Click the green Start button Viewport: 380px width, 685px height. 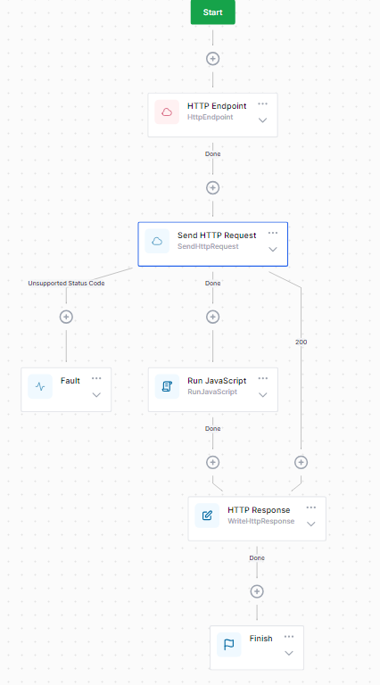(212, 12)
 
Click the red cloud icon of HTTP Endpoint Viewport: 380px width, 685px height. (167, 111)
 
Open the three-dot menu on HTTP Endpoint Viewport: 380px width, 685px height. (263, 103)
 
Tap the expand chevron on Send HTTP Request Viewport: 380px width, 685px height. (273, 249)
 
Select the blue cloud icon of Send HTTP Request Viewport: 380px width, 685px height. (157, 241)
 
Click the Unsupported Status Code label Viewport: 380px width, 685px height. (65, 283)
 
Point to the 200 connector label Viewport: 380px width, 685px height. (301, 342)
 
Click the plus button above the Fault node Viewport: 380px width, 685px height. (66, 317)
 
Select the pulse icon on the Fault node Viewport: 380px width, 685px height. (40, 386)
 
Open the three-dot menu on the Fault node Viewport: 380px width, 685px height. (96, 378)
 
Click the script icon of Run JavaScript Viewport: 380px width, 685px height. (167, 386)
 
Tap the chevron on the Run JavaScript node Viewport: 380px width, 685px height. (263, 394)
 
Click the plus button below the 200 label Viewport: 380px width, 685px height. (301, 462)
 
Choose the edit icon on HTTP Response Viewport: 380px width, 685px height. (207, 516)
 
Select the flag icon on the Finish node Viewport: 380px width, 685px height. (229, 644)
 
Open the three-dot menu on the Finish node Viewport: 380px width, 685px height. (289, 637)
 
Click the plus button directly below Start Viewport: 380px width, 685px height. (212, 59)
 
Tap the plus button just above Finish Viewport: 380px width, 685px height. (257, 591)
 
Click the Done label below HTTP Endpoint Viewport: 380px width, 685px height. (212, 153)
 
